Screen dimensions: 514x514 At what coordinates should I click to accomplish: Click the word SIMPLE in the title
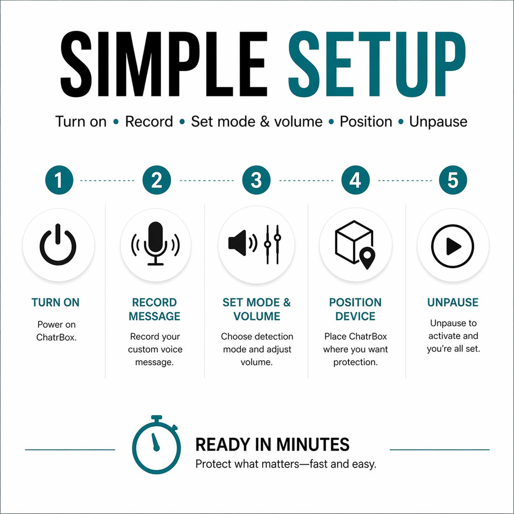point(164,64)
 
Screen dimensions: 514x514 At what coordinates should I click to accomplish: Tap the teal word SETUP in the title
point(377,64)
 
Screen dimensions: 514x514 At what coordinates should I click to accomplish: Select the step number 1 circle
point(59,180)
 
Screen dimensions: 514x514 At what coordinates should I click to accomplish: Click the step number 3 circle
point(256,180)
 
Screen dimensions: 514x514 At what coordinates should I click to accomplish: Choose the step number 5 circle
point(453,180)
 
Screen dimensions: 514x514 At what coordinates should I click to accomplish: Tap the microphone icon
point(156,243)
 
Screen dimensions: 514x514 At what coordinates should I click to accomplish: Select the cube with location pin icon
point(355,245)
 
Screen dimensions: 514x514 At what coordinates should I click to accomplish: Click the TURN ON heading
point(55,302)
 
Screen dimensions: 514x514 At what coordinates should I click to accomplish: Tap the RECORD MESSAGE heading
point(155,309)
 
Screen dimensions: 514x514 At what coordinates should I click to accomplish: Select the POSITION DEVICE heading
point(355,309)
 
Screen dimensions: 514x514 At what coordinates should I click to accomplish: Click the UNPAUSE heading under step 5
point(453,302)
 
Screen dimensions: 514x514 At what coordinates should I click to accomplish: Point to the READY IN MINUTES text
point(273,445)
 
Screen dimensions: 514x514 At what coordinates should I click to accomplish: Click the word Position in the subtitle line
point(366,121)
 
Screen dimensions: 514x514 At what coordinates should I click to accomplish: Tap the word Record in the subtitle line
point(149,121)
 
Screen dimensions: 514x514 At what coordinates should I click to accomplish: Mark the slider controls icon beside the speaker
point(273,244)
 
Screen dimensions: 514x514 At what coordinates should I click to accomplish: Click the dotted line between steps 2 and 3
point(206,181)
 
